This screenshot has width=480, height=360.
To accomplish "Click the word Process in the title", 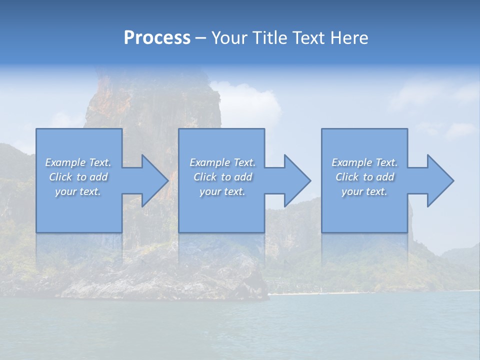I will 157,38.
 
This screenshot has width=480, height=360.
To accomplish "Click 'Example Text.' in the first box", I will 78,162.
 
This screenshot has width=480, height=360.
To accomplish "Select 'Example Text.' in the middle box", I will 222,162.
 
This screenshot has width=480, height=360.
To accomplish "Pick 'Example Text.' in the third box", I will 364,162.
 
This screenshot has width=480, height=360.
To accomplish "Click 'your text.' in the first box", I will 78,191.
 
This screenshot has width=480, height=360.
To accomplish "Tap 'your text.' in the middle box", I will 222,191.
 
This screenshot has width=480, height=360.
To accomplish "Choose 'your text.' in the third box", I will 364,191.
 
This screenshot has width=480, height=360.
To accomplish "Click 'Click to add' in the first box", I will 78,177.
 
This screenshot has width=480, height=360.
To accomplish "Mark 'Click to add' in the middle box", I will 222,177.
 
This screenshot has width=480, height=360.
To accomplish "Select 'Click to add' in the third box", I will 364,177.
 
